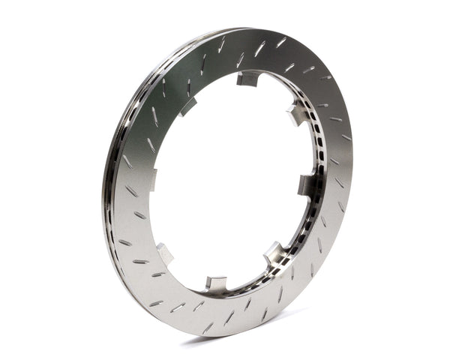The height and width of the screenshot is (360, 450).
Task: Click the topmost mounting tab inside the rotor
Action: (x=248, y=78)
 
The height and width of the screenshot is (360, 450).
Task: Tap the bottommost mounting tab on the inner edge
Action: (x=215, y=283)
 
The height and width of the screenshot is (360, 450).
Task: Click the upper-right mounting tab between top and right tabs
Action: (x=295, y=115)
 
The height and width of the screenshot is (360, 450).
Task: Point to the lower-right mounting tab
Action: (x=275, y=252)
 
